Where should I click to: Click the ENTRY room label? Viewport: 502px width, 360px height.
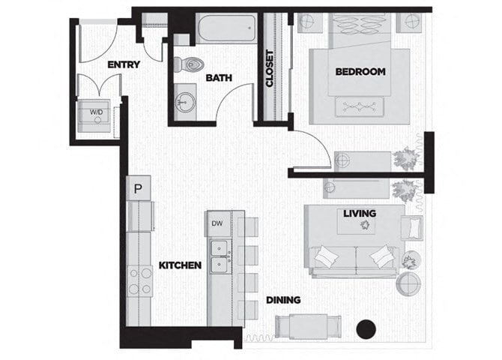pyautogui.click(x=124, y=64)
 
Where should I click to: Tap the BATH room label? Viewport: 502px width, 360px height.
pyautogui.click(x=219, y=77)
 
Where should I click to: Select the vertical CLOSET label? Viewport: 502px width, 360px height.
pyautogui.click(x=270, y=68)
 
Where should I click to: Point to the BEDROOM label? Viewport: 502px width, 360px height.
pyautogui.click(x=360, y=72)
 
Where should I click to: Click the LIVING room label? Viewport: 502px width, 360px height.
pyautogui.click(x=360, y=214)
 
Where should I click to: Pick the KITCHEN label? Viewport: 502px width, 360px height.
pyautogui.click(x=180, y=265)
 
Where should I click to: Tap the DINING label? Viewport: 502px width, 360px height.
pyautogui.click(x=283, y=300)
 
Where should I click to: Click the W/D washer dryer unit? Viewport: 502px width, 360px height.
pyautogui.click(x=97, y=114)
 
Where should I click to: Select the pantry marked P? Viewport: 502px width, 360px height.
pyautogui.click(x=138, y=188)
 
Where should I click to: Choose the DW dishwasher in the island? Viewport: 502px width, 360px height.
pyautogui.click(x=217, y=223)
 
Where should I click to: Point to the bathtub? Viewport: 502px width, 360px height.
pyautogui.click(x=226, y=30)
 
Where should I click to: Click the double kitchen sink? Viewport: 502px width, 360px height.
pyautogui.click(x=219, y=256)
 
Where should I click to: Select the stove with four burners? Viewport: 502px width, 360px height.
pyautogui.click(x=139, y=280)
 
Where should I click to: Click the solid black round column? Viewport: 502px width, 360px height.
pyautogui.click(x=365, y=328)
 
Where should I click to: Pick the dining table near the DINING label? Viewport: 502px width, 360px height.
pyautogui.click(x=308, y=326)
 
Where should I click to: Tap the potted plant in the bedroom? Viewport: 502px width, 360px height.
pyautogui.click(x=407, y=158)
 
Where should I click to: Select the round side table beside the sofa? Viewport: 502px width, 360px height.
pyautogui.click(x=408, y=283)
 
